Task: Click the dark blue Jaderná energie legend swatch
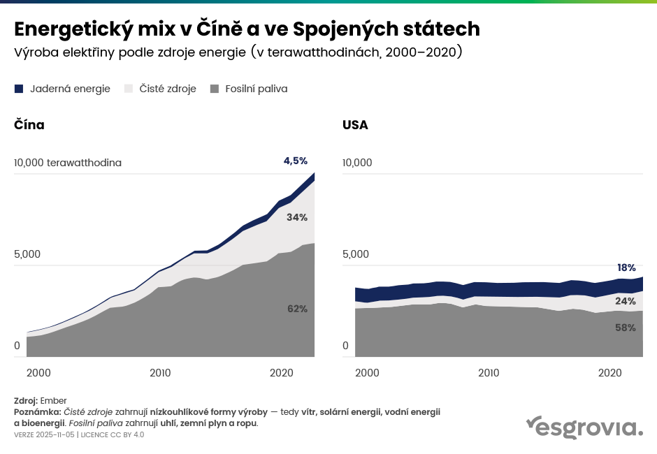coord(19,89)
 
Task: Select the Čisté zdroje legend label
coord(168,89)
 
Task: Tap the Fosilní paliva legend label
coord(256,89)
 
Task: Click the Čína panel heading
coord(29,125)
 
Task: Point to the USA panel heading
coord(355,125)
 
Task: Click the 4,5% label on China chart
coord(295,161)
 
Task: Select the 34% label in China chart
coord(297,217)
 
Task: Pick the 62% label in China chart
coord(297,309)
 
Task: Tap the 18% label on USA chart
coord(626,268)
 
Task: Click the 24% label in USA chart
coord(626,302)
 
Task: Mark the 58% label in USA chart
coord(626,327)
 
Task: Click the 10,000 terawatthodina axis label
coord(68,163)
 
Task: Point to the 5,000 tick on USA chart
coord(356,254)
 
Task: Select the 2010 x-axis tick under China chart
coord(160,372)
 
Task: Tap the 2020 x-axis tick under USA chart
coord(611,372)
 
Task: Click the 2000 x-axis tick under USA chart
coord(367,372)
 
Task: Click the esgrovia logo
coord(584,427)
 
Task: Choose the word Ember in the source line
coord(54,401)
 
